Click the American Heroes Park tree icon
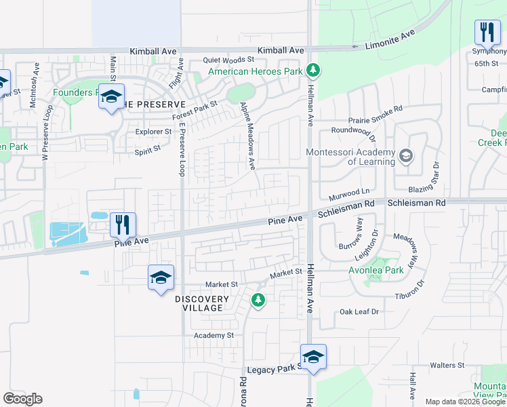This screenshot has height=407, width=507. pyautogui.click(x=312, y=70)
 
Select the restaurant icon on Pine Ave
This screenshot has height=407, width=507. pyautogui.click(x=123, y=224)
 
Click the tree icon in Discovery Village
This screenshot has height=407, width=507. pyautogui.click(x=258, y=299)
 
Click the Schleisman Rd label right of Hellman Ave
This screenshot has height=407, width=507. pyautogui.click(x=417, y=203)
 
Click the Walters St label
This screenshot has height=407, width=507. pyautogui.click(x=447, y=365)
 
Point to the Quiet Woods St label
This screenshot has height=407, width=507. pyautogui.click(x=228, y=60)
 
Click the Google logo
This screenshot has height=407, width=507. pyautogui.click(x=22, y=399)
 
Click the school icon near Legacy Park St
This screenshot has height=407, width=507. pyautogui.click(x=313, y=356)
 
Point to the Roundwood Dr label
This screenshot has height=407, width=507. pyautogui.click(x=353, y=130)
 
